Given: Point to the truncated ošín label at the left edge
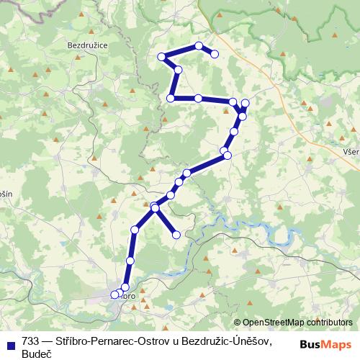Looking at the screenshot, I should click(x=6, y=194).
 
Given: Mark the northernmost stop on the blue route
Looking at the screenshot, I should click(x=199, y=46).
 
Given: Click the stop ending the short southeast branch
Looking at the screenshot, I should click(x=176, y=234).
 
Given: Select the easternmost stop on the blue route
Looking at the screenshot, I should click(x=246, y=103).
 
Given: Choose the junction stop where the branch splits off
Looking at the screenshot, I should click(x=155, y=208).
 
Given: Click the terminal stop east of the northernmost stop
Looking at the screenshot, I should click(x=214, y=53).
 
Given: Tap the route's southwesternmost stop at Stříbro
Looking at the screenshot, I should click(x=114, y=294).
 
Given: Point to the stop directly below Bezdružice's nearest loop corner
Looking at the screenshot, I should click(x=171, y=98).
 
